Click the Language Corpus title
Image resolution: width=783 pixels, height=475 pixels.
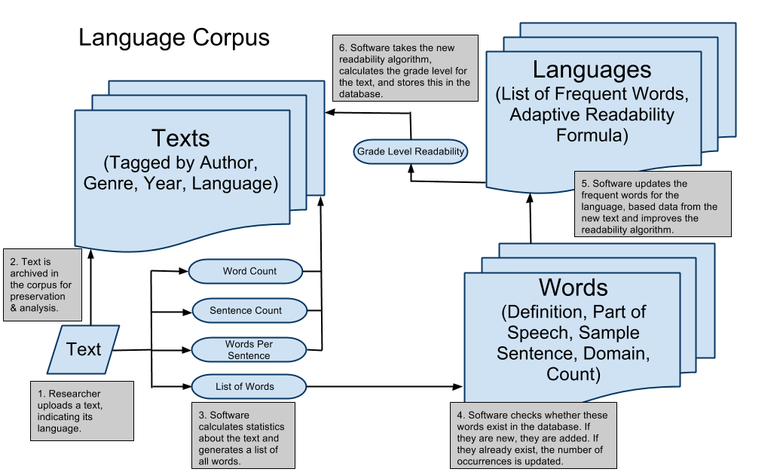(x=174, y=38)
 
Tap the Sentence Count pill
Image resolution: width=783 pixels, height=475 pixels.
(x=246, y=310)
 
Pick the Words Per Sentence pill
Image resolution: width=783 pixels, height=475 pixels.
(x=248, y=349)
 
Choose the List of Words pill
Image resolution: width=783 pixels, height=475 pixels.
(x=246, y=386)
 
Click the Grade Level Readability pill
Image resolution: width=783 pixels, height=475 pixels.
(x=411, y=152)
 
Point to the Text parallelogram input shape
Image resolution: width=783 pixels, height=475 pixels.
(x=84, y=349)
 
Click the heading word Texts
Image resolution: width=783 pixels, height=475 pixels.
(x=181, y=138)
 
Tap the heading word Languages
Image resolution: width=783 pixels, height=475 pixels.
(x=592, y=70)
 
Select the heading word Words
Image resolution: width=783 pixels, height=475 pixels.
(x=573, y=288)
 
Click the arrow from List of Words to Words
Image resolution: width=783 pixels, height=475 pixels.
(x=384, y=387)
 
